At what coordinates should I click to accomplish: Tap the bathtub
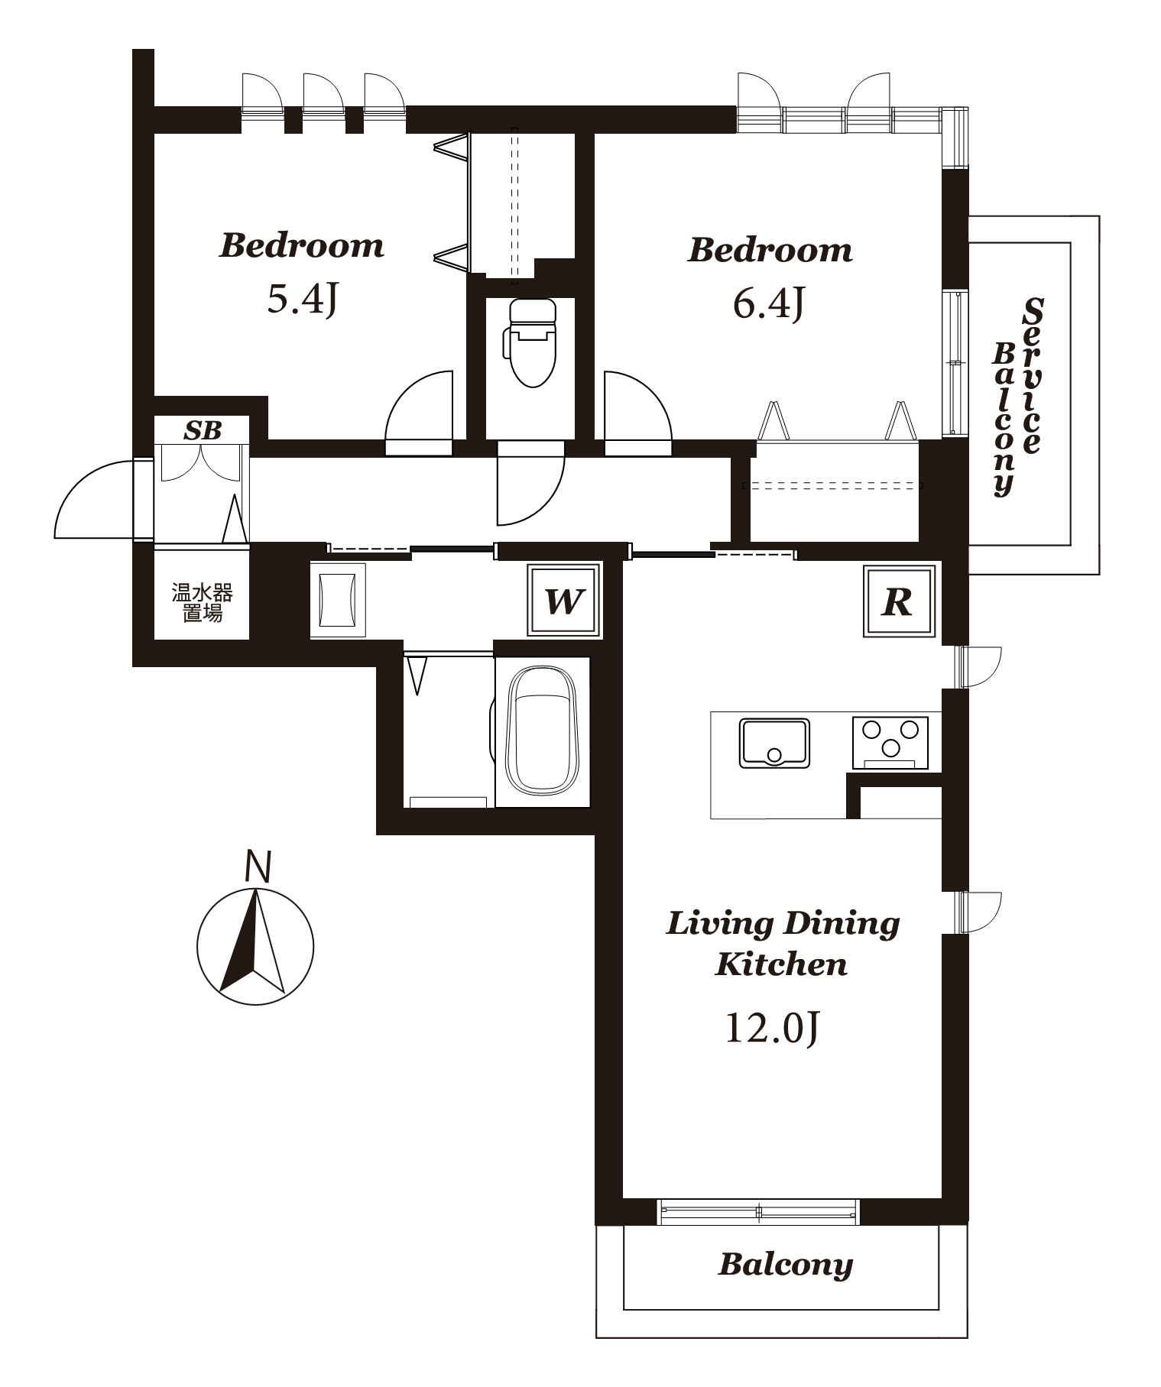[542, 731]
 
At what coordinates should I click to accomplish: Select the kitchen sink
[773, 742]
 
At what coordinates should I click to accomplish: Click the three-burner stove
[890, 742]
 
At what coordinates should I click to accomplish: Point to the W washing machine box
[564, 601]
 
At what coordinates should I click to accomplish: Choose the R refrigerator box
[899, 601]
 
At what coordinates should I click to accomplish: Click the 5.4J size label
[302, 299]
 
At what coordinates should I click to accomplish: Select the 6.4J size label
[768, 303]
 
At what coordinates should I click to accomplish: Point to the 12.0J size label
[771, 1028]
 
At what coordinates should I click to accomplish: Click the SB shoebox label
[202, 431]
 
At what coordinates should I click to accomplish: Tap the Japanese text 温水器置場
[202, 603]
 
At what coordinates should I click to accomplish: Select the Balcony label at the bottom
[785, 1265]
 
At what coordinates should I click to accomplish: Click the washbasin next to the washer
[337, 601]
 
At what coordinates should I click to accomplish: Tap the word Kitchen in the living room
[781, 964]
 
